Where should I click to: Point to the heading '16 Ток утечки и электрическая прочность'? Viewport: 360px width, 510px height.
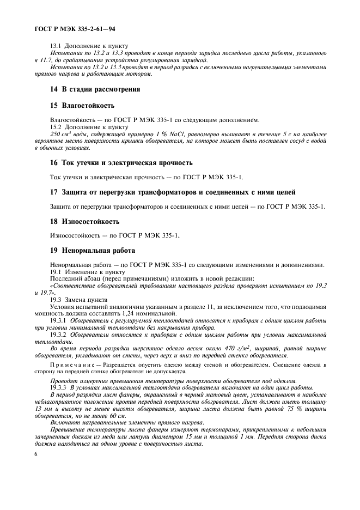coord(120,163)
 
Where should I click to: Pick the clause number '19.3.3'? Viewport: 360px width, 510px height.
coord(59,387)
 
